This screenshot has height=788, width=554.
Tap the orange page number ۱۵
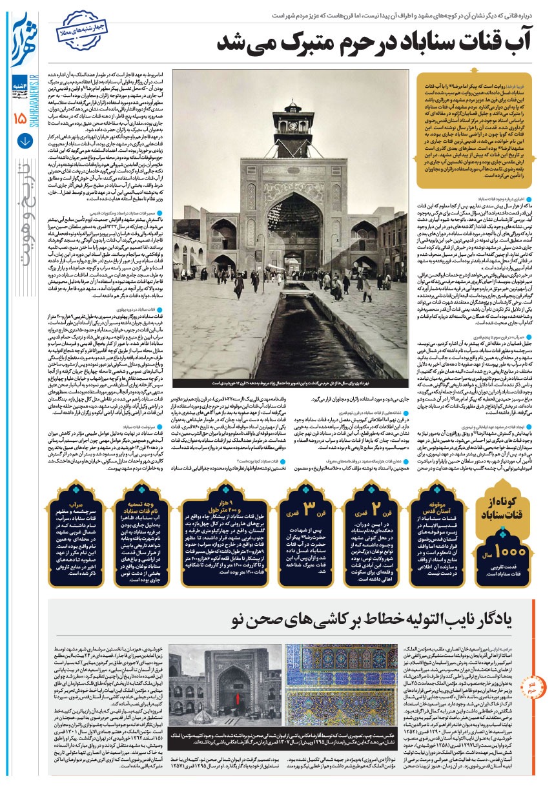(19, 117)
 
